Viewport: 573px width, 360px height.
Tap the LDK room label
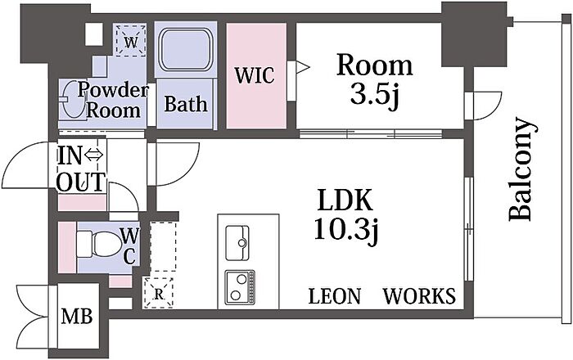[345, 200]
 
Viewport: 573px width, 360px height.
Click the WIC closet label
[255, 76]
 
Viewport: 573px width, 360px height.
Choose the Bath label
[186, 105]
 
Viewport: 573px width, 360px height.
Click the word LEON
[334, 296]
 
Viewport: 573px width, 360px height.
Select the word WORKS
[419, 296]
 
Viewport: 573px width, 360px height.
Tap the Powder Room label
[114, 101]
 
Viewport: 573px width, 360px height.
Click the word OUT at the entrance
[80, 181]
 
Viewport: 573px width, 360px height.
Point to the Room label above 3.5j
[376, 65]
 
